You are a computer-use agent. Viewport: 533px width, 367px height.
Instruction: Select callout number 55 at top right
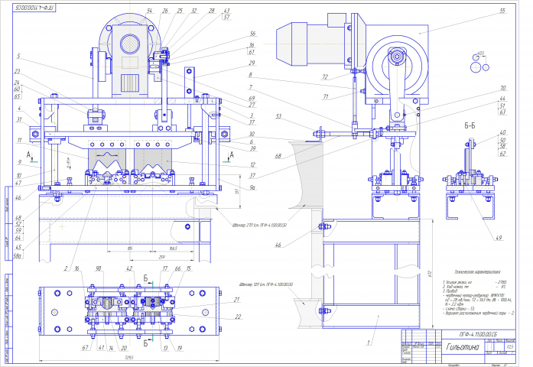(502, 11)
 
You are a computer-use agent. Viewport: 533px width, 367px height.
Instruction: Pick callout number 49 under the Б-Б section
(499, 239)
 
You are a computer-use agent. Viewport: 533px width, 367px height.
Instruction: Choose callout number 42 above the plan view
(129, 269)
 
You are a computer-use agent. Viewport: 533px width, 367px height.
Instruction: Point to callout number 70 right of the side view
(502, 88)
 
